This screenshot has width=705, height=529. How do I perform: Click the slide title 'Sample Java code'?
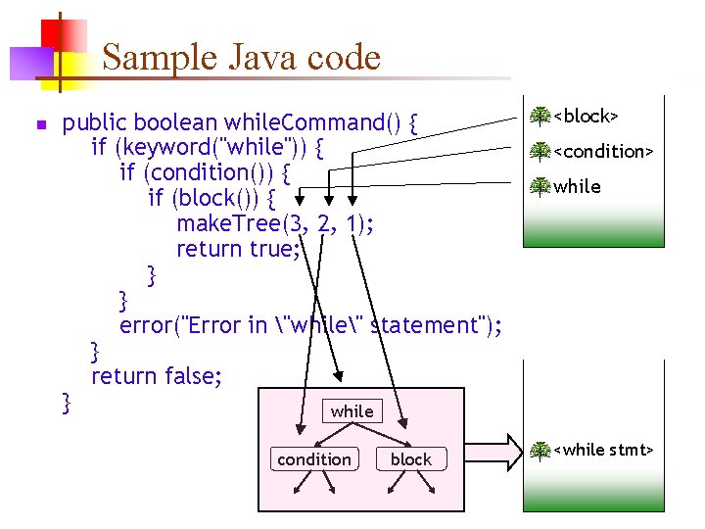[x=241, y=58]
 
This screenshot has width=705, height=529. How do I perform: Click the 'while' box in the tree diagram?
[x=352, y=411]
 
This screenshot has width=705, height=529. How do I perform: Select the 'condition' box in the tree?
[x=313, y=458]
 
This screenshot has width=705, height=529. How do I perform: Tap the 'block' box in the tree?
[x=411, y=458]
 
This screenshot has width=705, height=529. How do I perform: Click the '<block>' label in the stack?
[x=586, y=117]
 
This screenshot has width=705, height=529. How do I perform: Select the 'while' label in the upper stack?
[x=577, y=186]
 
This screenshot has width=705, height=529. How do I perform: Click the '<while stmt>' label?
[x=603, y=450]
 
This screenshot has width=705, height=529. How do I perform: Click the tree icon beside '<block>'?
[x=540, y=117]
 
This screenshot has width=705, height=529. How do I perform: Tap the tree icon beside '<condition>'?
[x=540, y=152]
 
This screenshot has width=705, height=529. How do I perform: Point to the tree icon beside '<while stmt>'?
[x=540, y=451]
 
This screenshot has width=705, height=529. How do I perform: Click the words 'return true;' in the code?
[x=236, y=249]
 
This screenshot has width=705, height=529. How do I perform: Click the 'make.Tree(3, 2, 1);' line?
[x=275, y=223]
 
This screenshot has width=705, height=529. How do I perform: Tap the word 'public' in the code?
[x=95, y=122]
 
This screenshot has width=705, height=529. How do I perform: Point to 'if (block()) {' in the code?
[x=217, y=198]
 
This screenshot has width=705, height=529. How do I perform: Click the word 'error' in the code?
[x=143, y=324]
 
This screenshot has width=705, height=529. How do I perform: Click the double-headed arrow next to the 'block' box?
[x=492, y=451]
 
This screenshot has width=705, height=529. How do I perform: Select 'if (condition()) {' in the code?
[x=204, y=172]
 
